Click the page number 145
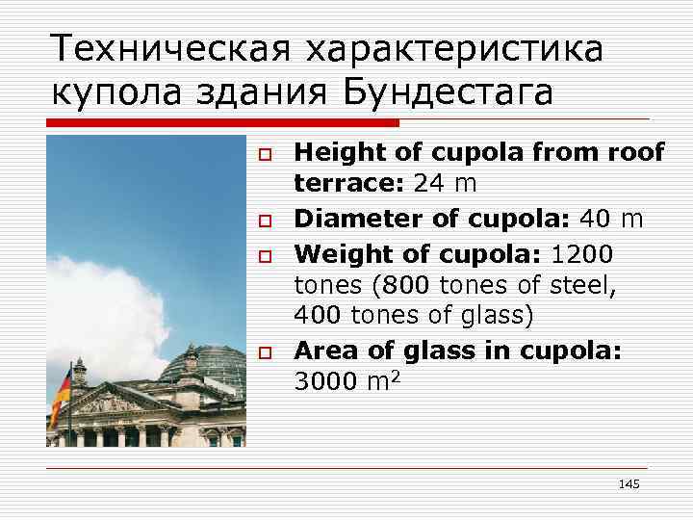tap(629, 483)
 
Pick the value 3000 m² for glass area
tap(347, 383)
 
